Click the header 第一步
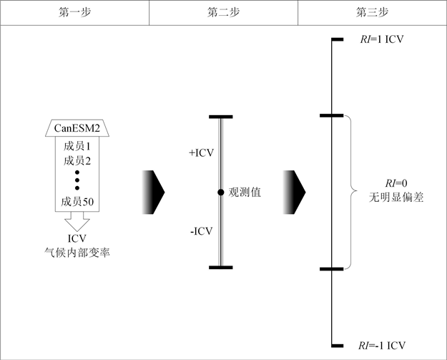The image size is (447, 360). (74, 13)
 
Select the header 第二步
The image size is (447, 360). (223, 13)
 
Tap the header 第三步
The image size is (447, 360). (371, 13)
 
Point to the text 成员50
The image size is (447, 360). (79, 203)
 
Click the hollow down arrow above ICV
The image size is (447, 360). (77, 221)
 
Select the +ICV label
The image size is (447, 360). (201, 153)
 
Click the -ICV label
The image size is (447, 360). (202, 230)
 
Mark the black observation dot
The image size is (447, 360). (222, 192)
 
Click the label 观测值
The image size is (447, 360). (243, 192)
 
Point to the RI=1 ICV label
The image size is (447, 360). (382, 39)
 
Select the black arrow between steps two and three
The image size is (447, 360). (295, 192)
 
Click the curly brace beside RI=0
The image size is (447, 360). (351, 192)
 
